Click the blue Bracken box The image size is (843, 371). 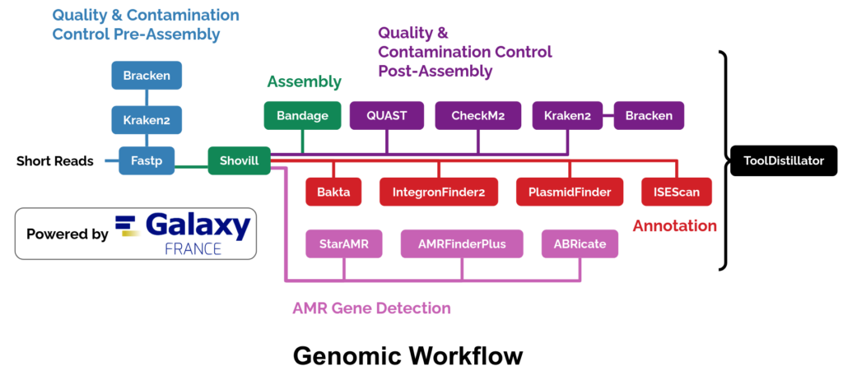147,76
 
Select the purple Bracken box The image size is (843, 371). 648,116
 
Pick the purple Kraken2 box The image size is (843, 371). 567,116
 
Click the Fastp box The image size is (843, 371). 147,160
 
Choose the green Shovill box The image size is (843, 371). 239,160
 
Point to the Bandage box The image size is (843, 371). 301,116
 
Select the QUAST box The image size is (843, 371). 387,116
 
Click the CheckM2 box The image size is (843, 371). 478,116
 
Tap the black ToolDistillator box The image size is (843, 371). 783,160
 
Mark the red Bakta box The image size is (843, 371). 333,192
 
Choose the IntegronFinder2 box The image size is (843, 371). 439,192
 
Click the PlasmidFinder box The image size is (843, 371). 569,192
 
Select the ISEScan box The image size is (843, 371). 676,192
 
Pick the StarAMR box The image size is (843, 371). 344,243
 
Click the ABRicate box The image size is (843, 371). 580,243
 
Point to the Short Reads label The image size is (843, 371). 55,161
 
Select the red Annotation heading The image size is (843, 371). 674,225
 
